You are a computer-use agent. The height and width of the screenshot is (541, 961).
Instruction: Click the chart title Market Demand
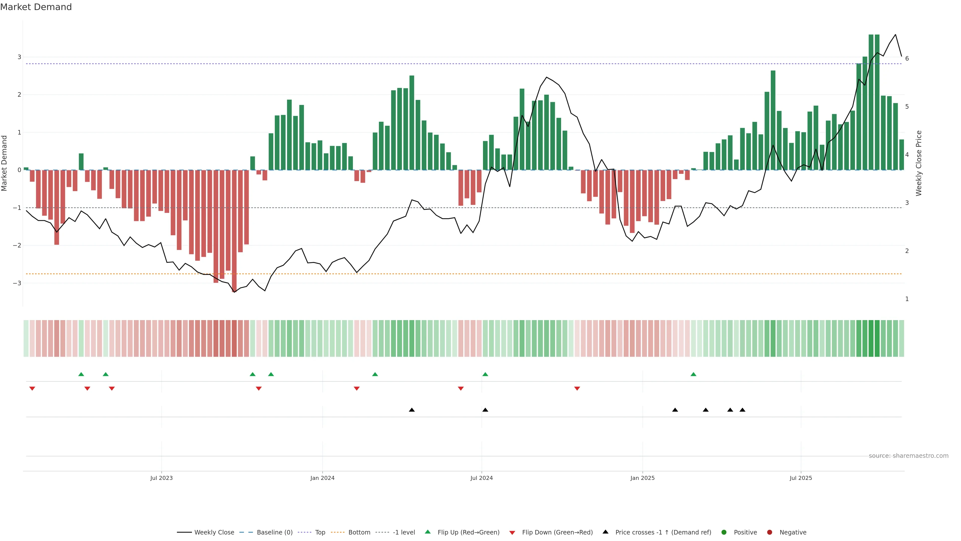click(36, 7)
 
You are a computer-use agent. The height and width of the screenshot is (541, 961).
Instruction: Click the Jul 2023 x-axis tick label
click(161, 478)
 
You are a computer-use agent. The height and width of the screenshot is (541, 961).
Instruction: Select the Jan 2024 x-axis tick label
click(322, 478)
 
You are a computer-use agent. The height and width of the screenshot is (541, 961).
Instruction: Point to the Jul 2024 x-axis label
click(481, 478)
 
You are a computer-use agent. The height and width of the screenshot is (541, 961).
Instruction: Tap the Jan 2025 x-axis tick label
click(642, 478)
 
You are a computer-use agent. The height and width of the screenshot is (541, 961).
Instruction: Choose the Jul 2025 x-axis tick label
click(801, 478)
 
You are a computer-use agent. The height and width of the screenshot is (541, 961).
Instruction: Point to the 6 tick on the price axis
click(907, 59)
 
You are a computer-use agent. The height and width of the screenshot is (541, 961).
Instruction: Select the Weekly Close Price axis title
click(918, 163)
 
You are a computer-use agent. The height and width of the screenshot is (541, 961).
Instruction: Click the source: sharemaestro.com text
click(908, 456)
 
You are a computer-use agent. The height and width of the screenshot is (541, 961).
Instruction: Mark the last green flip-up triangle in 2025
click(693, 374)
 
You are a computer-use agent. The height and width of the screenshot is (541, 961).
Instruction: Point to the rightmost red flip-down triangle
click(577, 389)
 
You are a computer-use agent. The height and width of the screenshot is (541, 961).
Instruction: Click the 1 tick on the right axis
click(907, 299)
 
